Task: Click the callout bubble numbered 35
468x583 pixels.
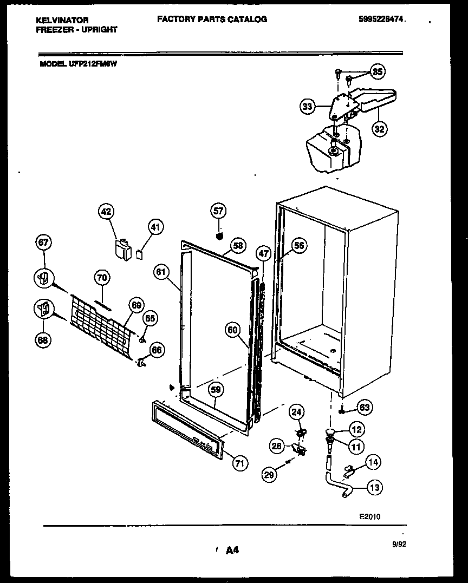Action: [x=378, y=71]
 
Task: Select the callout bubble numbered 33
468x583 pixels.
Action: [x=308, y=107]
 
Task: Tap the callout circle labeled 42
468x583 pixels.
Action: [x=107, y=212]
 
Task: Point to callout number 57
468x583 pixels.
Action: [x=219, y=211]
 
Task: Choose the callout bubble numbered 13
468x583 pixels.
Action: [x=374, y=487]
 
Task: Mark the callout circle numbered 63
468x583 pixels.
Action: [x=365, y=407]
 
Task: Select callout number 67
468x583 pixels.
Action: [x=43, y=244]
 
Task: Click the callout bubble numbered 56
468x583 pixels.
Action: [x=298, y=245]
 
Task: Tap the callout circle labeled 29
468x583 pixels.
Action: [x=269, y=474]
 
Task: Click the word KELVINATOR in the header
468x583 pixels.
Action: [x=62, y=20]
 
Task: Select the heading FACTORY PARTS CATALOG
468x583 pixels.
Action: [x=212, y=19]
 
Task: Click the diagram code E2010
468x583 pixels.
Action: [x=370, y=516]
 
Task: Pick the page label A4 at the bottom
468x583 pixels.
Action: [x=232, y=551]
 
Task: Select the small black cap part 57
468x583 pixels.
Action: [x=219, y=236]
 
